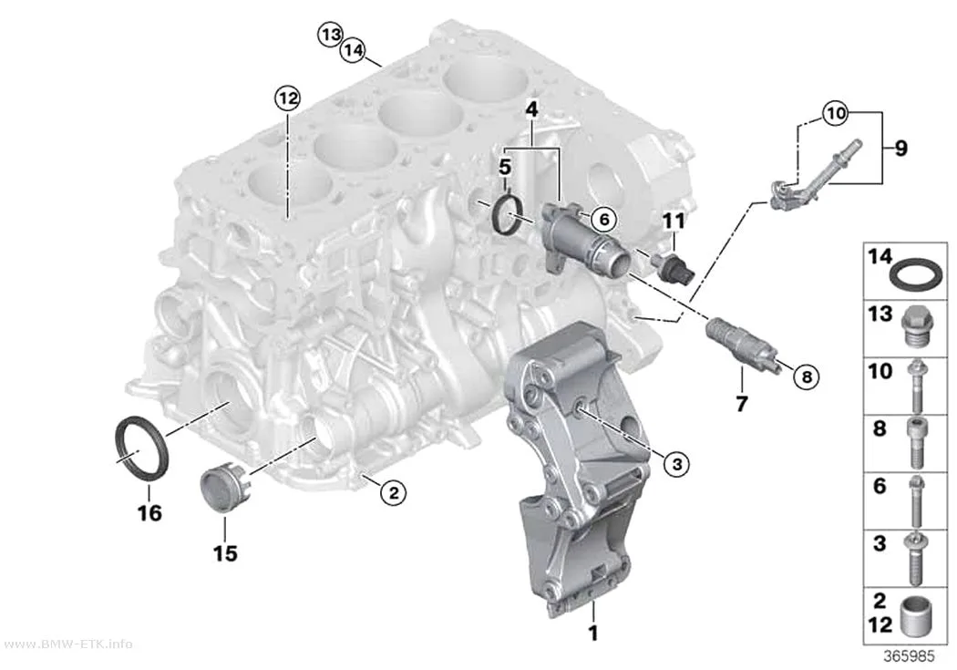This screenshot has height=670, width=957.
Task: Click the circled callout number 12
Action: click(287, 98)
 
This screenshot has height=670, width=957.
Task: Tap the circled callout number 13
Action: click(330, 34)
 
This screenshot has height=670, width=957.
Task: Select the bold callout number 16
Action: click(149, 512)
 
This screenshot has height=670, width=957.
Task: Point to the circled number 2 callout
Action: click(393, 492)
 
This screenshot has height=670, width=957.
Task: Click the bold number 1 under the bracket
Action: click(592, 633)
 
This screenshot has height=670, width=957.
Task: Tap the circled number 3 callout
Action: click(676, 464)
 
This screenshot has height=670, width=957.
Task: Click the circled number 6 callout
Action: click(603, 219)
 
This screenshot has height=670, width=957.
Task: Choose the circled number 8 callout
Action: click(807, 376)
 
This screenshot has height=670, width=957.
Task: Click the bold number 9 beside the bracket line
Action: click(900, 149)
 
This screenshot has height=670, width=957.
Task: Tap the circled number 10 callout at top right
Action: click(835, 113)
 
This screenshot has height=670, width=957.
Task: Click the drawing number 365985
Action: click(910, 656)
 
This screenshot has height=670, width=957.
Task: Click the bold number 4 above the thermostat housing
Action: click(531, 109)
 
